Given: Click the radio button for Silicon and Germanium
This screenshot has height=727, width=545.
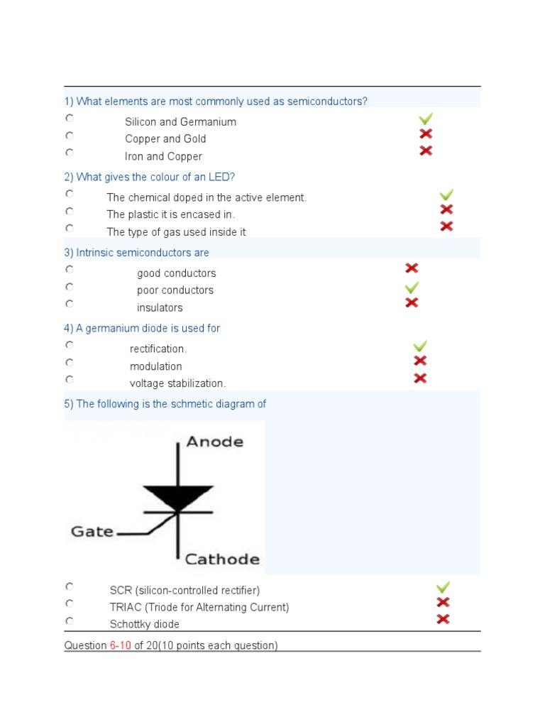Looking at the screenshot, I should tap(70, 118).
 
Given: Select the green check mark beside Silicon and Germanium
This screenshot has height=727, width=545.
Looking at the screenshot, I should tap(426, 119).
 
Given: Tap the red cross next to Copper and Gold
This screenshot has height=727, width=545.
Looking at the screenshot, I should tap(426, 134).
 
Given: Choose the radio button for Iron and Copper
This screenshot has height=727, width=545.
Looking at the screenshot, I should tap(70, 152).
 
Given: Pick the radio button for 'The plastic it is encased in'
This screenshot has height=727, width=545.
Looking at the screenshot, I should tap(70, 211).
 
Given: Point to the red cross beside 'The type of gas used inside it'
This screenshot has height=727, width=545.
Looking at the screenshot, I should tap(446, 226).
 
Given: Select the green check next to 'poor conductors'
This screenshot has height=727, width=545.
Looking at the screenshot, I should tap(412, 288).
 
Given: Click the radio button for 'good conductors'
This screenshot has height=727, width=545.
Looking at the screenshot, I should tap(70, 270).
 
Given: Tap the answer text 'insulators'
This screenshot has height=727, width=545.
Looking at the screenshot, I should tap(160, 307).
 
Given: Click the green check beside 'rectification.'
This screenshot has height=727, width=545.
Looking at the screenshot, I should tap(420, 346).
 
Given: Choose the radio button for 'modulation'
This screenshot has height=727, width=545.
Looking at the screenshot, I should tap(70, 362).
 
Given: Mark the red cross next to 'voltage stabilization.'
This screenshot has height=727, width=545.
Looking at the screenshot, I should tap(420, 378).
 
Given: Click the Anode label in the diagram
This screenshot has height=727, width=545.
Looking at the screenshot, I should tap(214, 442).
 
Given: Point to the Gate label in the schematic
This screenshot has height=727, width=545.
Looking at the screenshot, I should tap(92, 531).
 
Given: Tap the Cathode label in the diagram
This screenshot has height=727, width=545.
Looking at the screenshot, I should tap(222, 559).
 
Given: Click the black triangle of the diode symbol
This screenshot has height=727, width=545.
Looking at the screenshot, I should tap(177, 496).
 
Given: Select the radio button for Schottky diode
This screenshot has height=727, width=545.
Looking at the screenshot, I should tap(70, 621).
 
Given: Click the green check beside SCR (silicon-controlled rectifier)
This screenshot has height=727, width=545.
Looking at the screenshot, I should tap(443, 587).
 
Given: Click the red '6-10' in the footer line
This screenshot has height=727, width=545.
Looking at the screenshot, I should tap(121, 645).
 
